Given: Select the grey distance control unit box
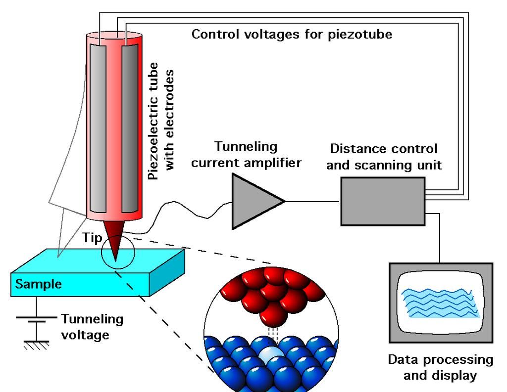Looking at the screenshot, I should pos(382,202).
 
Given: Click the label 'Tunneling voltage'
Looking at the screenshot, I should pos(92,327).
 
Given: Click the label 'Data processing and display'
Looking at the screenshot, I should pos(440,367).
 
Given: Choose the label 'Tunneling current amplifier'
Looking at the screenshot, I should pos(246,154).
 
